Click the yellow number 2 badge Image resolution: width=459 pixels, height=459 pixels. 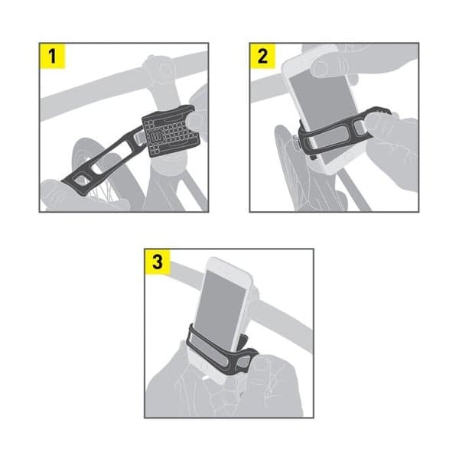pos(262,57)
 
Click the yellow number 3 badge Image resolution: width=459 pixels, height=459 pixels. pos(158,262)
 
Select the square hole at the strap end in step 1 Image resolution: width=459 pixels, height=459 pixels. pos(80,180)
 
